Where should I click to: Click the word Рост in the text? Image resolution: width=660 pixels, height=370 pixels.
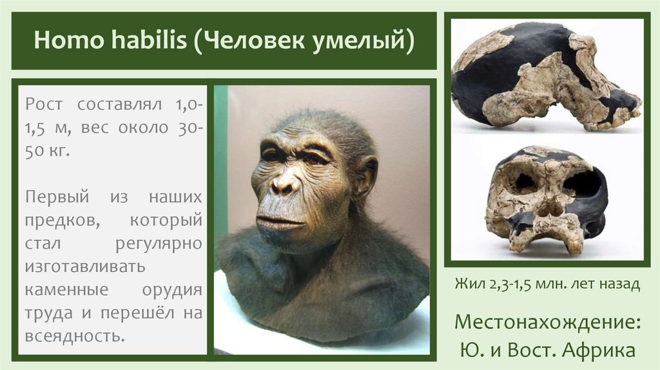(x=44, y=104)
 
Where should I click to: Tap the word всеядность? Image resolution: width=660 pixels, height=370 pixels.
(x=72, y=336)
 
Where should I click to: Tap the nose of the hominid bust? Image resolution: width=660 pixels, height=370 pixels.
(x=284, y=184)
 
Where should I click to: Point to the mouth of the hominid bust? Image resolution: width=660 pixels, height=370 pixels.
(x=278, y=222)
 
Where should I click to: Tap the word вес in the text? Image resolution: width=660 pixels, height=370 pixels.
(x=99, y=128)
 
